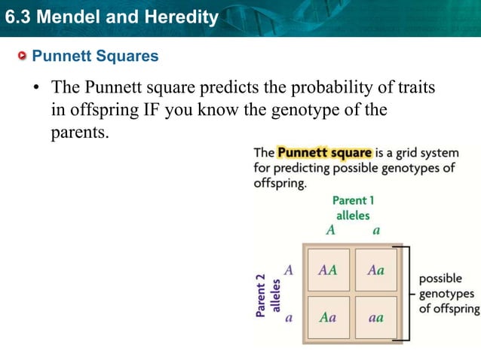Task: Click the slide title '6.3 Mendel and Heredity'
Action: coord(111,17)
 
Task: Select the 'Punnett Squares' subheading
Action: coord(95,56)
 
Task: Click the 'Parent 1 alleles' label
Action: coord(353,208)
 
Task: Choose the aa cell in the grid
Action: coord(375,318)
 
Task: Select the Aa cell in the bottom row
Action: coord(328,318)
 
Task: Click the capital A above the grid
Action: coord(329,230)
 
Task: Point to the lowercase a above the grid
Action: coord(376,230)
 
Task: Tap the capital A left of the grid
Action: coord(288,269)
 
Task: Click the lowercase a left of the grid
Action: coord(288,318)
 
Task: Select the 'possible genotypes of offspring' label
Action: coord(449,294)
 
